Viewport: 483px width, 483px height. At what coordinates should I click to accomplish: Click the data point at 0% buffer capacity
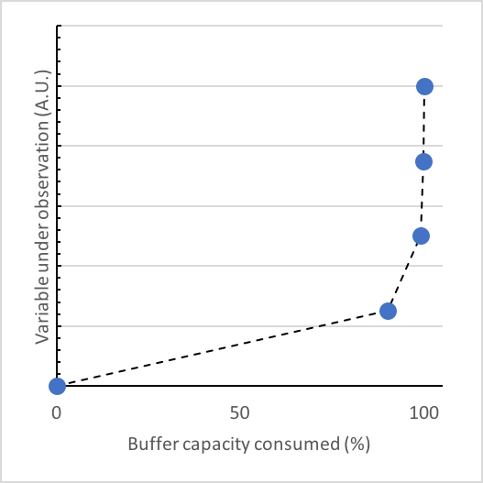coord(57,386)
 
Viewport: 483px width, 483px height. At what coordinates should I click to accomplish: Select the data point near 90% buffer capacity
coord(388,311)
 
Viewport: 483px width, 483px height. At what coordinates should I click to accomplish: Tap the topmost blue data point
coord(424,86)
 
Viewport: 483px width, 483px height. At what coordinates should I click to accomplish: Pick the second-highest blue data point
coord(423,161)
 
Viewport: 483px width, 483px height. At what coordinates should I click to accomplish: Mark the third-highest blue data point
coord(421,236)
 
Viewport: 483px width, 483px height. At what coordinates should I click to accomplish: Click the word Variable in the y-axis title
coord(42,313)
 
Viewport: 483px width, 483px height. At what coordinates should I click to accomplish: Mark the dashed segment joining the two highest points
coord(424,124)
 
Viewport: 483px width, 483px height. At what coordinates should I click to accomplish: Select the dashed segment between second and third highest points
coord(422,198)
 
